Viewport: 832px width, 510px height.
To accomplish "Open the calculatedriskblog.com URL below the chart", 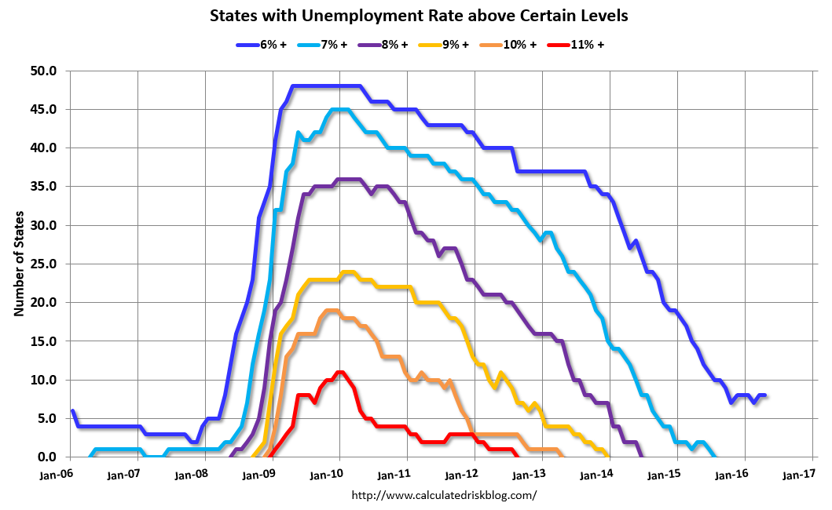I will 444,495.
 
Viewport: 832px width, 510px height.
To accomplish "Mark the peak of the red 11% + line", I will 339,372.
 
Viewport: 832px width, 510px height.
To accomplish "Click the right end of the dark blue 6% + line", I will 765,395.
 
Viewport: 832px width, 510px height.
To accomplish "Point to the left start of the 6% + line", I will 72,411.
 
